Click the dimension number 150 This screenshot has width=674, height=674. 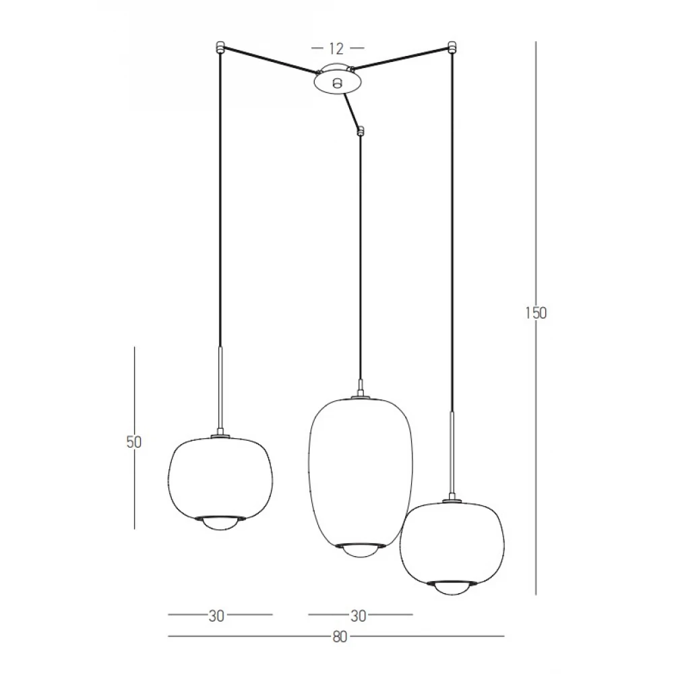tap(536, 313)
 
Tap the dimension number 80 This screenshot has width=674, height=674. tap(340, 637)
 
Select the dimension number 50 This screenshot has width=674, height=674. tap(133, 441)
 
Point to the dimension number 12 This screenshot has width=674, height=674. tap(336, 49)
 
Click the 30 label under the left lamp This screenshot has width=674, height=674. tap(216, 616)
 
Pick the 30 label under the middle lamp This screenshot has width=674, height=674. tap(358, 616)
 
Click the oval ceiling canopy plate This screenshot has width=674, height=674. tap(338, 81)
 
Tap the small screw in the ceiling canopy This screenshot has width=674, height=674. tap(338, 82)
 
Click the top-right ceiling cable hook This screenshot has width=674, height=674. tap(452, 47)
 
